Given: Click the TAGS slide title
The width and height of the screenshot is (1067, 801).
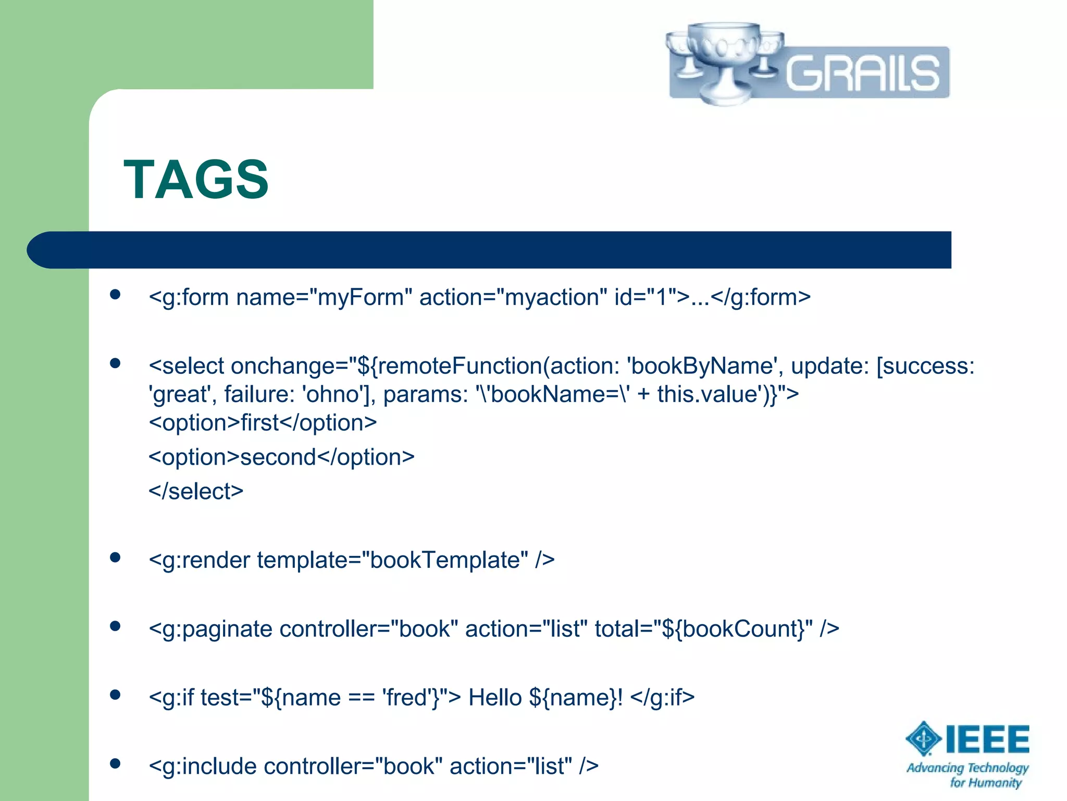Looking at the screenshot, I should tap(196, 180).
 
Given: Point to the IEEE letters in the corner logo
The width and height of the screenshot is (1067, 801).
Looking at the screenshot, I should tap(987, 739).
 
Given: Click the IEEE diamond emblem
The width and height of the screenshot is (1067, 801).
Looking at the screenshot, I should tap(923, 738).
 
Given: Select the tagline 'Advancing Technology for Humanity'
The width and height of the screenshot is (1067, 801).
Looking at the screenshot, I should tap(967, 775).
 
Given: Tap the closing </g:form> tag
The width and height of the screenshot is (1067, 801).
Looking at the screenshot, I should tap(761, 297).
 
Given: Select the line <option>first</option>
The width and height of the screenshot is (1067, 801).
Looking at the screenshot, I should tap(263, 422).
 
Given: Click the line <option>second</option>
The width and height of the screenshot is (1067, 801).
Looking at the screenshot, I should tap(281, 457).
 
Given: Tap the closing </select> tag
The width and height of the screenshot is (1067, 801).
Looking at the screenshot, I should tap(196, 491).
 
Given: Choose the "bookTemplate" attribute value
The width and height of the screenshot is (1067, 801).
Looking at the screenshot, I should tap(444, 560).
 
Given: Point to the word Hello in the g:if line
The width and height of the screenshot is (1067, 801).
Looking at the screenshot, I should tap(495, 698).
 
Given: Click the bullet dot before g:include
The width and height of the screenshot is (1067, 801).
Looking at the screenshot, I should tap(116, 764).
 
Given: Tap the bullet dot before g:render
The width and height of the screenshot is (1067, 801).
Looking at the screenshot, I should tap(116, 557).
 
